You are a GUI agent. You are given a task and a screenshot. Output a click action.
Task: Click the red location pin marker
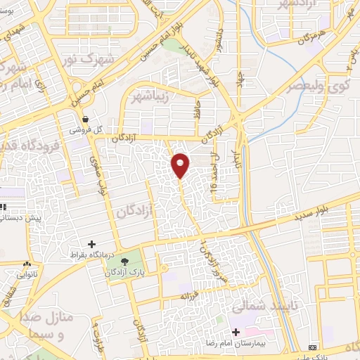(x=181, y=165)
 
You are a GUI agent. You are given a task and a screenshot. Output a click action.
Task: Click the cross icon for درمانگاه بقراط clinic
(x=91, y=243)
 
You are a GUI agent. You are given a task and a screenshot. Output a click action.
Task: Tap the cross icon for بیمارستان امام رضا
(x=236, y=331)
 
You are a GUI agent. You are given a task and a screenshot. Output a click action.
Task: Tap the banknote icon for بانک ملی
(x=313, y=349)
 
